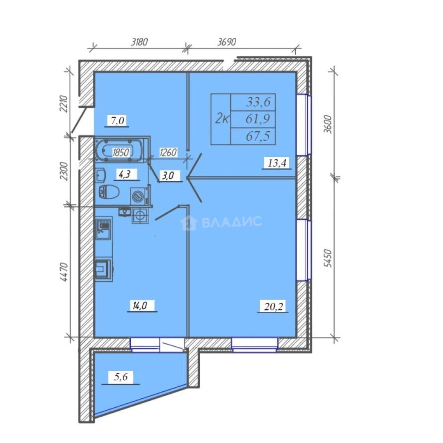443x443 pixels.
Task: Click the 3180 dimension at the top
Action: pos(139,42)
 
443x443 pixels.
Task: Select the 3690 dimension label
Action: pos(226,42)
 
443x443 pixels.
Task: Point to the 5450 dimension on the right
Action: pos(328,258)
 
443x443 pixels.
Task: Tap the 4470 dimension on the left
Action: pos(64,272)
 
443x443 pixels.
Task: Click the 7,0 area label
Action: pos(118,121)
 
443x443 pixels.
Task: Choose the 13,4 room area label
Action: pos(277,163)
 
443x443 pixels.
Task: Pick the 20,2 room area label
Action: pos(273,306)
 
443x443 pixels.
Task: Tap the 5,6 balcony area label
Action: pos(121,377)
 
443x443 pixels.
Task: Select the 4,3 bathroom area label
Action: pos(124,174)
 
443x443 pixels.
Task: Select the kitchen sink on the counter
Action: pos(103,227)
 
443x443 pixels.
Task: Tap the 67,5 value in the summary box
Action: pos(258,137)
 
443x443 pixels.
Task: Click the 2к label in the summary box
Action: pos(222,119)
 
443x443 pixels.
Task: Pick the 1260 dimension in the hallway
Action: pos(169,153)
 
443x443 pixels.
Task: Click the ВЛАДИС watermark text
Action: pos(232,222)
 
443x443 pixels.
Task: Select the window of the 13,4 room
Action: pos(304,125)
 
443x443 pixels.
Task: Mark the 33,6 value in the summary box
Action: pos(258,102)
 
